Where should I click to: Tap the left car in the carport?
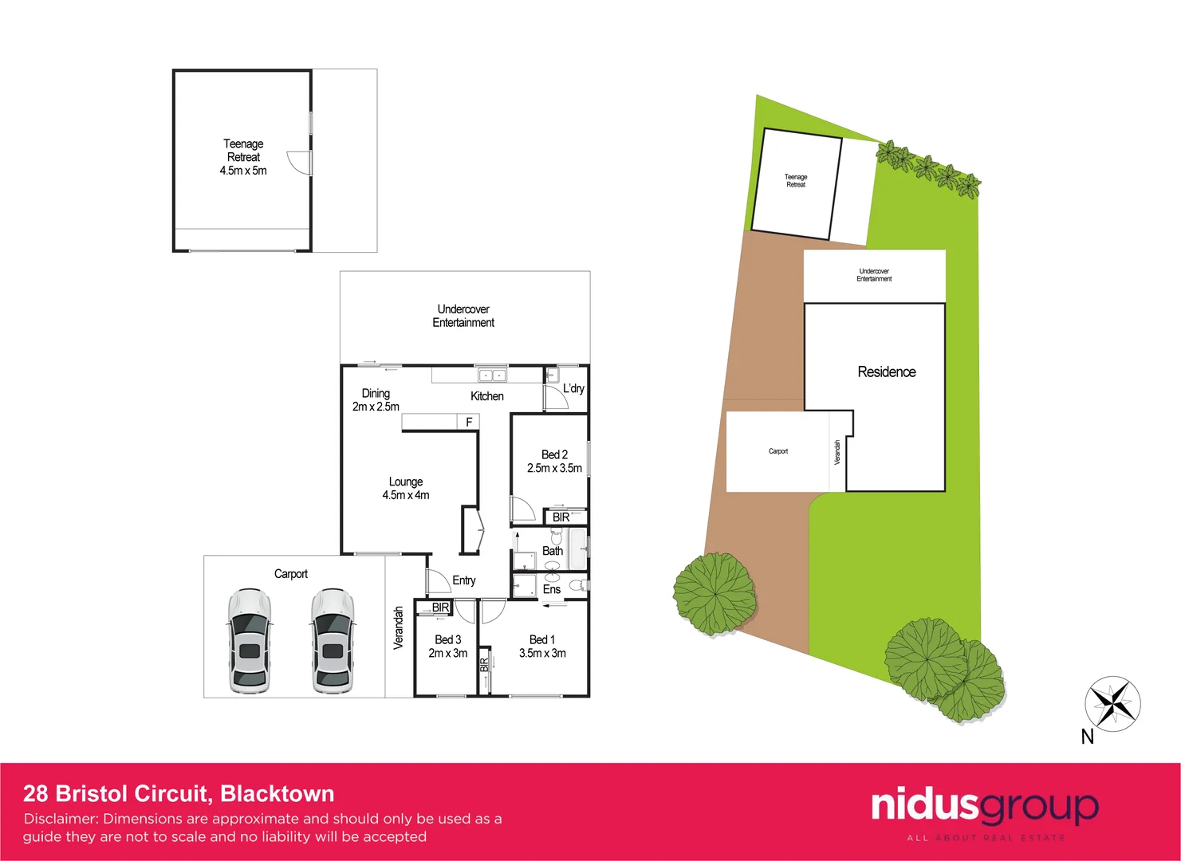249,640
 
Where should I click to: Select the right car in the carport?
332,640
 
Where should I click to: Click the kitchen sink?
491,375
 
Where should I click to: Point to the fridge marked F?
469,422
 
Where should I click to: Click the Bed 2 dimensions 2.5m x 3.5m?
554,468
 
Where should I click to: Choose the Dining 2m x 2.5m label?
376,400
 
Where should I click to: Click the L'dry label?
573,388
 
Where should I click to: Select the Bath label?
553,551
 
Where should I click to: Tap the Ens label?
552,589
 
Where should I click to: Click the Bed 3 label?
448,639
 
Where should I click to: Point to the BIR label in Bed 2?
561,517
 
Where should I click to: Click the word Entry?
464,580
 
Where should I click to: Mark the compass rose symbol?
1112,703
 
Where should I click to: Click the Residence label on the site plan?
887,372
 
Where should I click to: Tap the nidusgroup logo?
985,808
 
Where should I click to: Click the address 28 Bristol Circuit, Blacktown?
179,793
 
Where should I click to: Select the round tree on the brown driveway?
715,593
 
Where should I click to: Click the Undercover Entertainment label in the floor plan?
463,316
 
